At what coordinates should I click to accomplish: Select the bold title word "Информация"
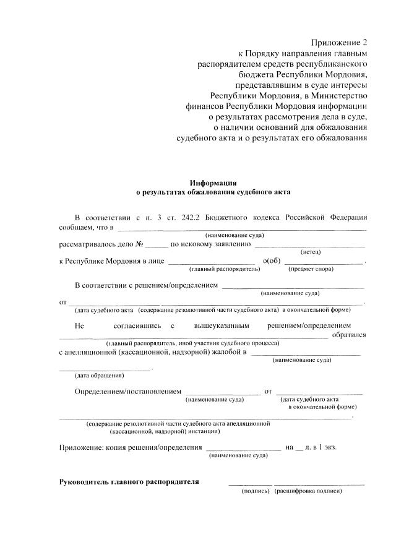tap(213, 183)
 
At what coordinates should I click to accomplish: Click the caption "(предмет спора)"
tap(311, 269)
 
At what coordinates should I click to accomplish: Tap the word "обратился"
tap(349, 335)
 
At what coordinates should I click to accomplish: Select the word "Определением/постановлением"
tap(128, 391)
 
